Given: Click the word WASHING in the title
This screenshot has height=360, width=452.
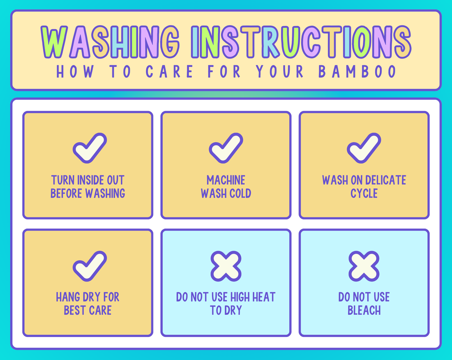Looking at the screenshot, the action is (110, 42).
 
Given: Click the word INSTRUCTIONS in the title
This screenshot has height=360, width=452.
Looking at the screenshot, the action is (301, 42).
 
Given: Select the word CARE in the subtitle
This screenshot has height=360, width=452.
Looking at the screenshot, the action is (169, 71).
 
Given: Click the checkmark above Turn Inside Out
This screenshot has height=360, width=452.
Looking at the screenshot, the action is (90, 148).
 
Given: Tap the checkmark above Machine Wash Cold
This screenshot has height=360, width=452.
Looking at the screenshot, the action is (226, 148).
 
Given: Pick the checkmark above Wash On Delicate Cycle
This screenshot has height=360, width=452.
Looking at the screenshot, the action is (364, 148).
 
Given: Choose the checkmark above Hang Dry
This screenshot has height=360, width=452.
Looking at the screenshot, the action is (90, 266).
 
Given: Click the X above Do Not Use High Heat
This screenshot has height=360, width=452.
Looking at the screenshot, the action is (226, 266).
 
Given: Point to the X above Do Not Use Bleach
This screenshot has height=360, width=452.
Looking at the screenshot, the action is (364, 266).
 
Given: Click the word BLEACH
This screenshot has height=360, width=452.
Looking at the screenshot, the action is (364, 310).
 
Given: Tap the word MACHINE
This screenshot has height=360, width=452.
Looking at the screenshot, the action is (226, 180).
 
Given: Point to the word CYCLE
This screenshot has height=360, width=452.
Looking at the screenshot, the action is (364, 194).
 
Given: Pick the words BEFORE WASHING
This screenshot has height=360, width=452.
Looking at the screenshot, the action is (88, 194).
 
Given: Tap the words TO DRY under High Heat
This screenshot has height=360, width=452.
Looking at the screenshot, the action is (226, 310).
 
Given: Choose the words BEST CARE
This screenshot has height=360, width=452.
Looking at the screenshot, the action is (88, 310).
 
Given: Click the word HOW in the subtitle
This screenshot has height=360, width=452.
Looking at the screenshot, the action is (75, 71).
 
